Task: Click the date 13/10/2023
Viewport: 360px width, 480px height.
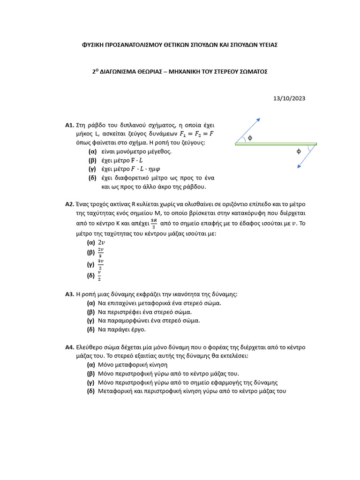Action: point(289,98)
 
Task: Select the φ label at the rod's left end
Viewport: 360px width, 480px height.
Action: point(250,138)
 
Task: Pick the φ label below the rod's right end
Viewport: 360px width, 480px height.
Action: point(299,151)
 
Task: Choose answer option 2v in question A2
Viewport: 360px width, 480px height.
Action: point(101,242)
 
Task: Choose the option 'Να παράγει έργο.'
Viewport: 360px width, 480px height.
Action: point(122,330)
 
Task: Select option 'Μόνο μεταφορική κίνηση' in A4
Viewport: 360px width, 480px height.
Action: point(133,365)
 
